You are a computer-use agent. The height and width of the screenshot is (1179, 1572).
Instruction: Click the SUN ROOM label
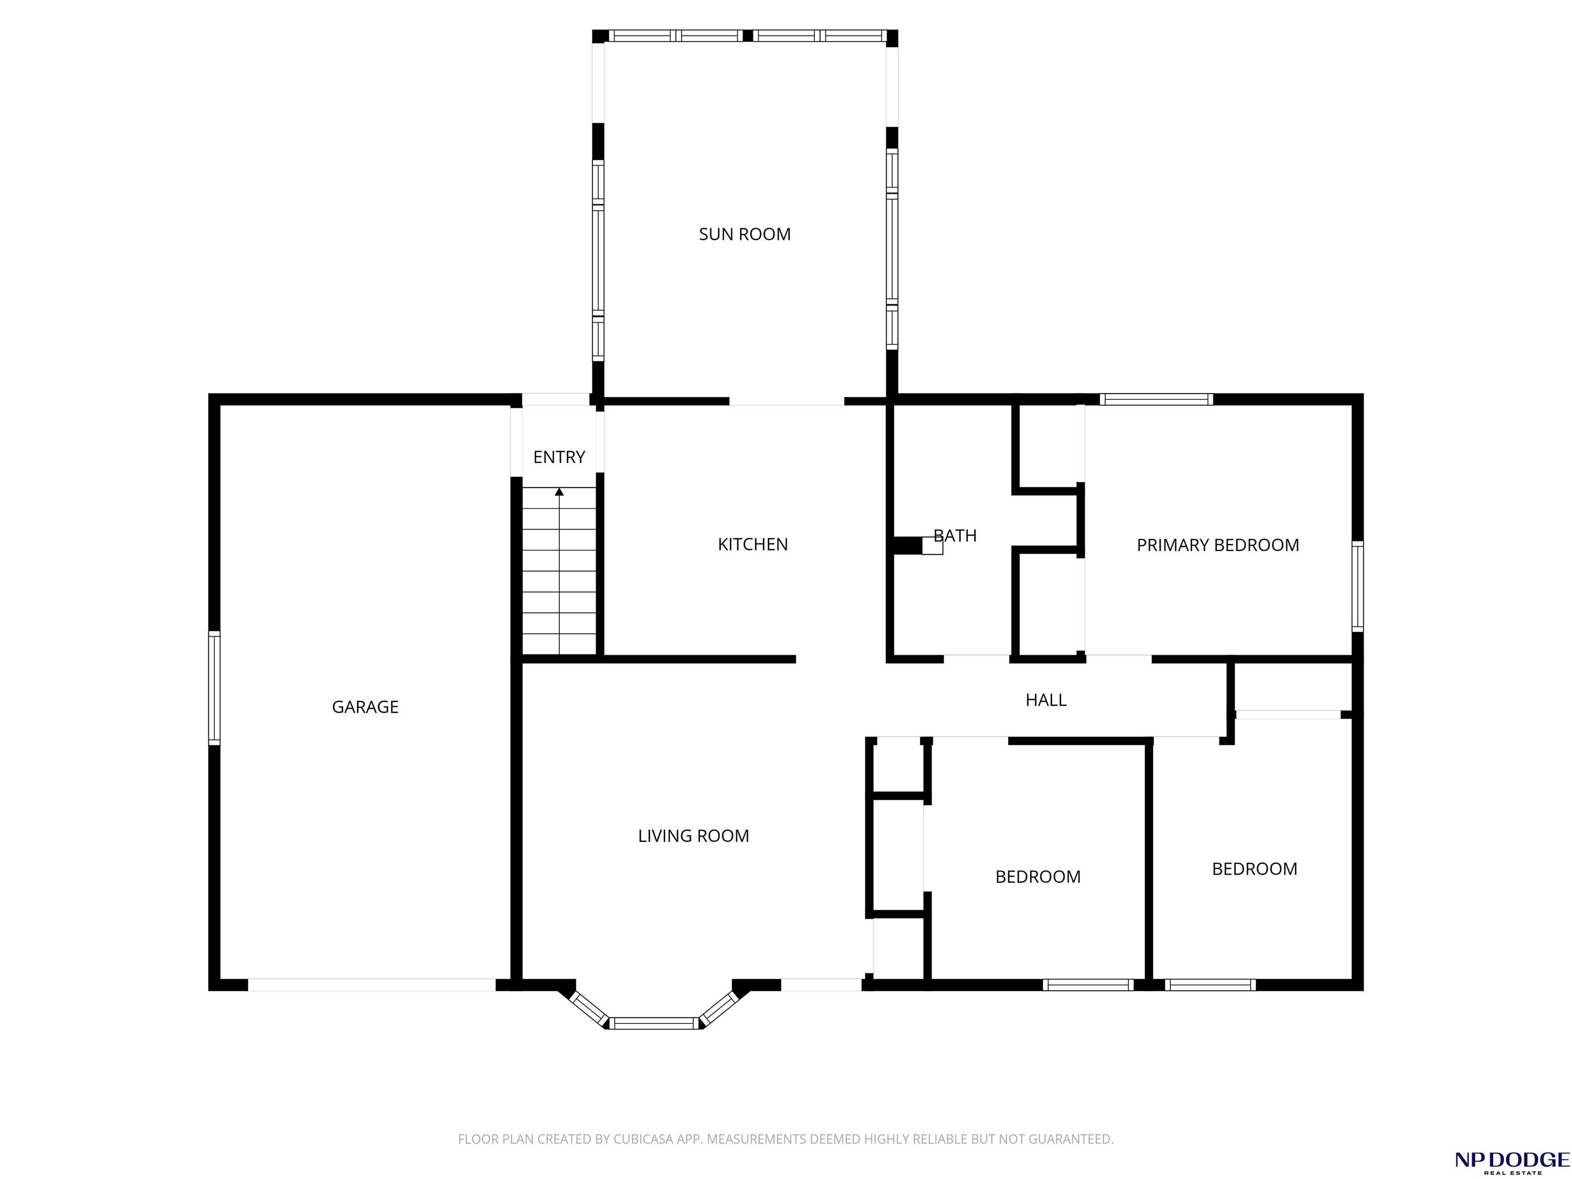pos(744,234)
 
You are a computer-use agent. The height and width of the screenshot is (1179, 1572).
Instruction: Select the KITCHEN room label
pos(753,544)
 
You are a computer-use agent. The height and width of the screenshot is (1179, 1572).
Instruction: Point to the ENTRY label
pos(559,457)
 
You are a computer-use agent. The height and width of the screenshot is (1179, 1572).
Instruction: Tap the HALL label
pos(1045,700)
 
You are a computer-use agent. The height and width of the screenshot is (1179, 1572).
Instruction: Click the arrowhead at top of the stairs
pos(559,492)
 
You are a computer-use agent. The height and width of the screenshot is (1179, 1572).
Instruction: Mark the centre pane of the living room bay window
pos(654,1023)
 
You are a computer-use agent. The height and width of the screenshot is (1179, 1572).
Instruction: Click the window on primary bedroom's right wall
pos(1358,586)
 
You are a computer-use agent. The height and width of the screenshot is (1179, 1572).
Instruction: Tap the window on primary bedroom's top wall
pos(1156,399)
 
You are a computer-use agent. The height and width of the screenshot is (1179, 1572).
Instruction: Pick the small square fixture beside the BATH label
pos(932,546)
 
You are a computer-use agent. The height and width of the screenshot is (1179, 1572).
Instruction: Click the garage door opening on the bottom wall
pos(372,985)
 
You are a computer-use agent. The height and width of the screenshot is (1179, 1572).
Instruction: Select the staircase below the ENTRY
pos(559,571)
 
